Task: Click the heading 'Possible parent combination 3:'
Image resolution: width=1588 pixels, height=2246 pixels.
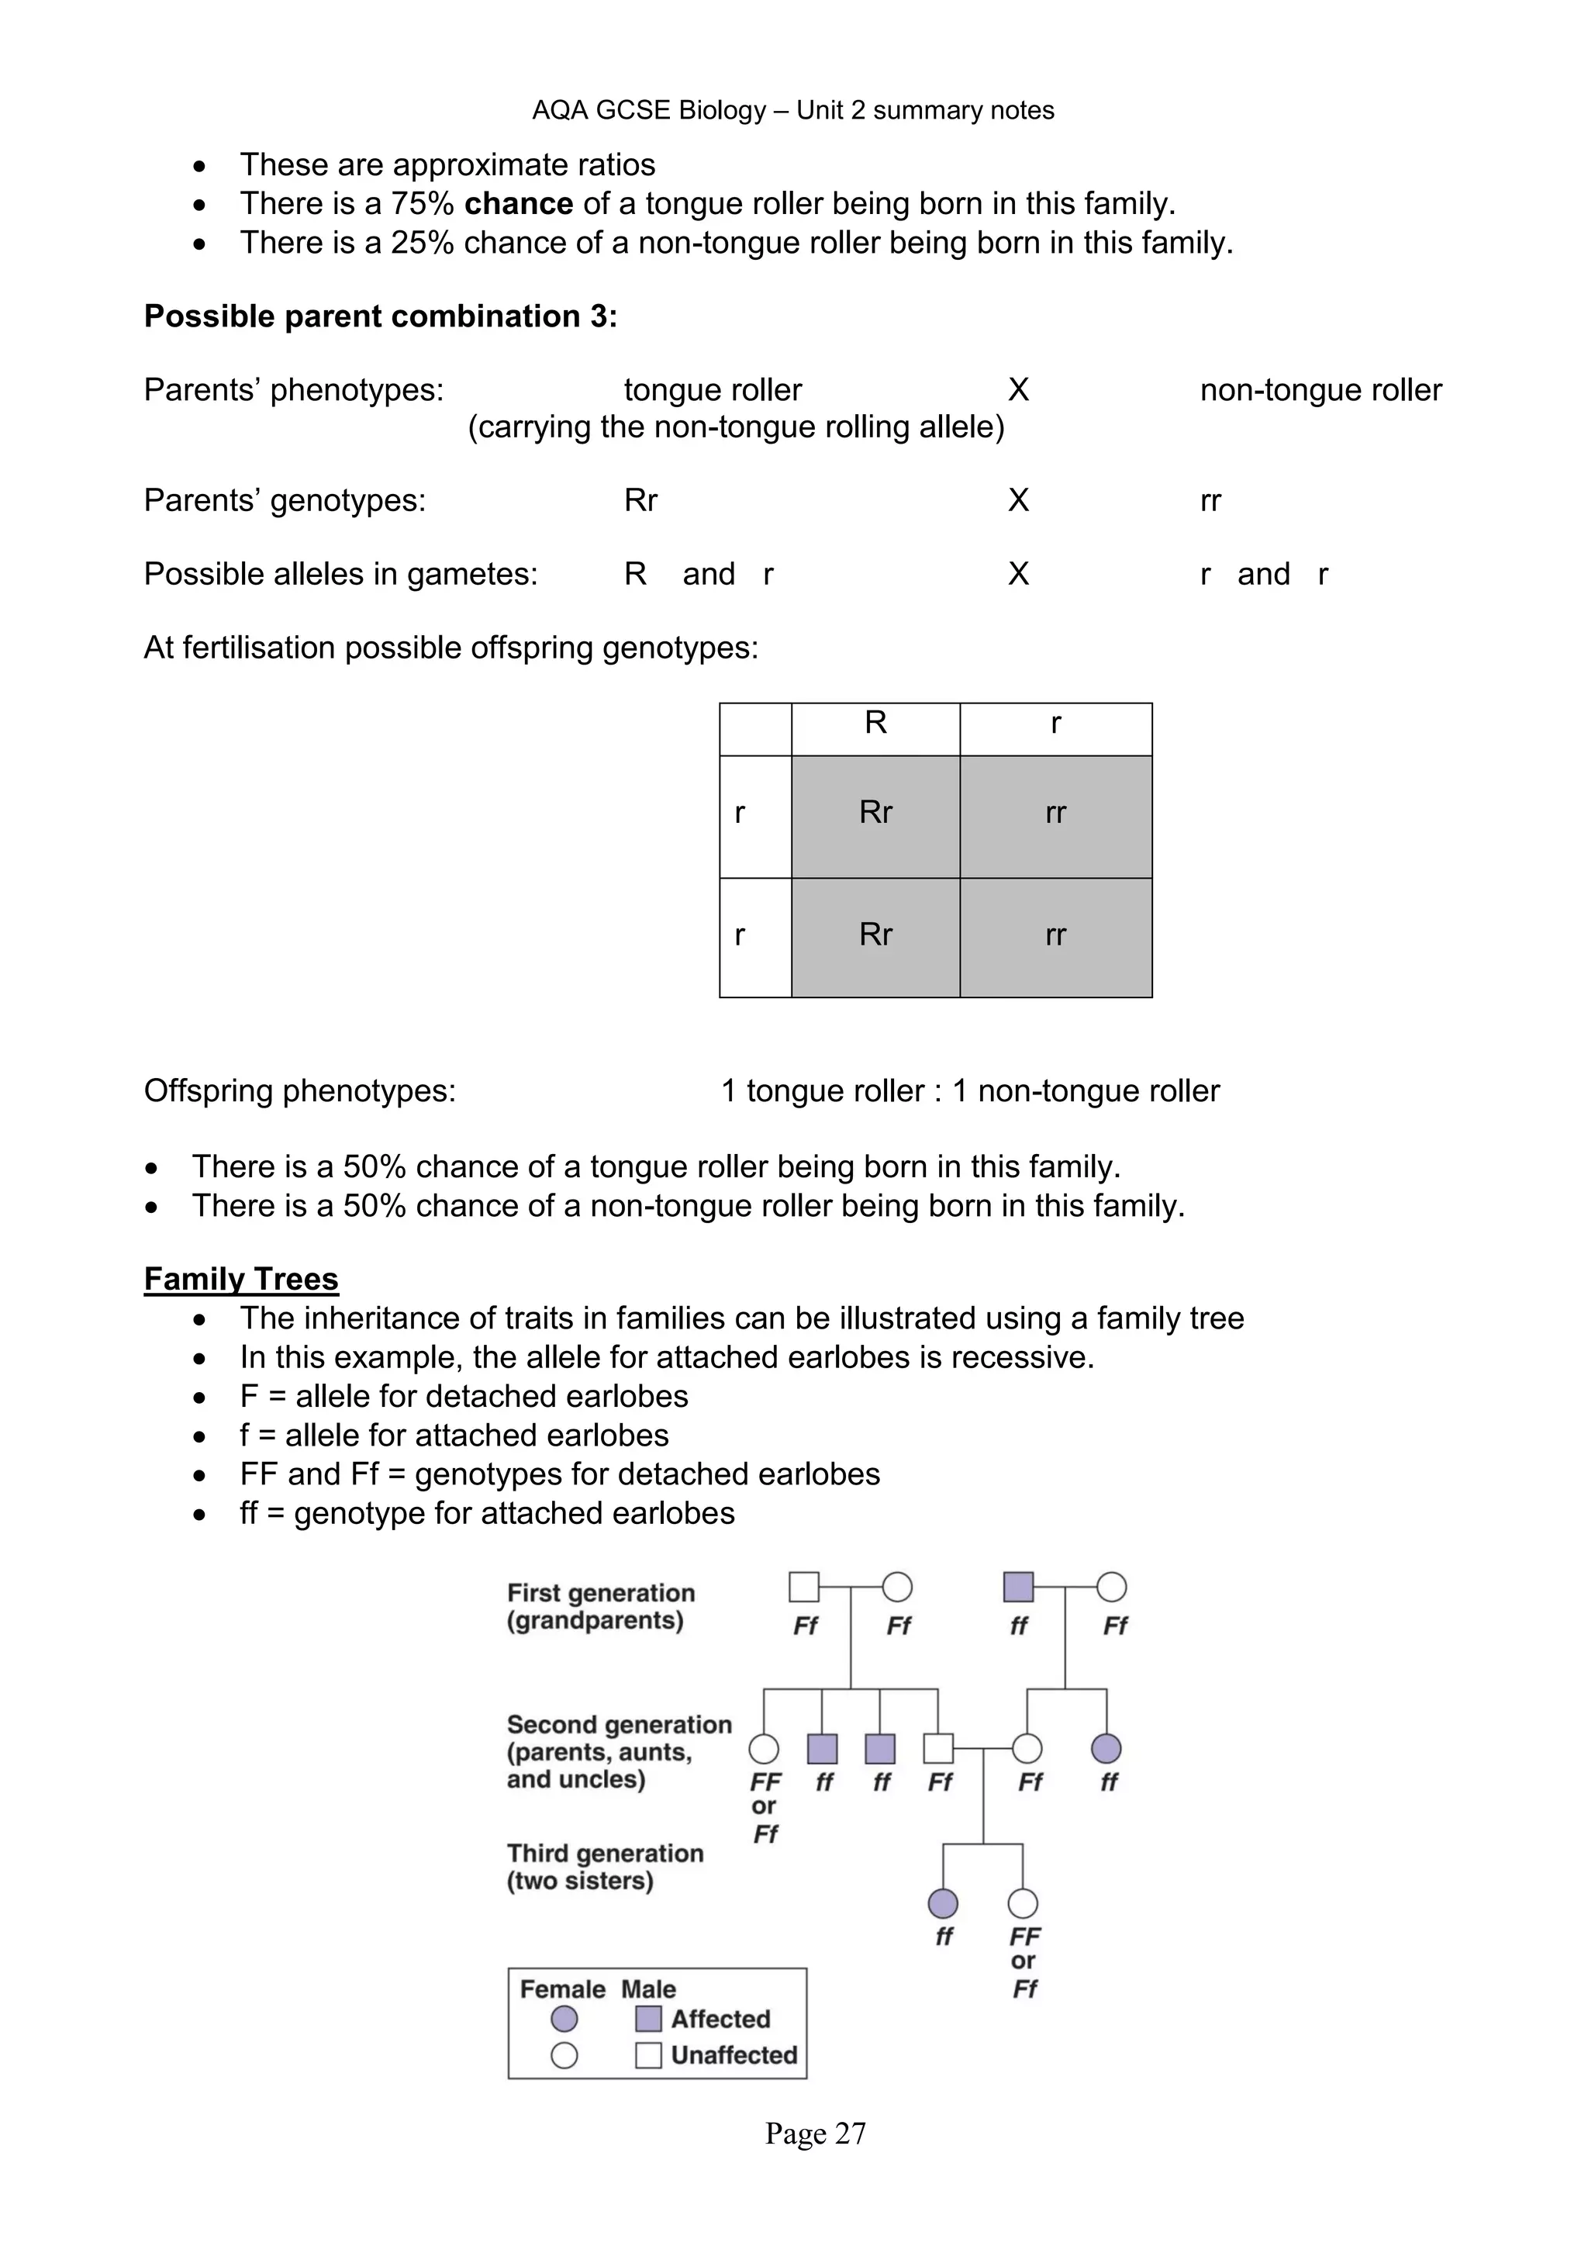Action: (x=381, y=316)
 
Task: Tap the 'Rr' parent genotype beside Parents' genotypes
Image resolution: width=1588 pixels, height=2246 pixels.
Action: (x=640, y=501)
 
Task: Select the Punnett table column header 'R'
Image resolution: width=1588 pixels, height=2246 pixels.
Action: (x=875, y=723)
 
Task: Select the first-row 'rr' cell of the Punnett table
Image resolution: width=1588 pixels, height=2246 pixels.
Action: (x=1055, y=813)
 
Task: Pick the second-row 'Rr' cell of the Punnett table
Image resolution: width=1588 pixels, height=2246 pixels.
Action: (x=875, y=935)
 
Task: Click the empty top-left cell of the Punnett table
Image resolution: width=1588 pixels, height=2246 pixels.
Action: (x=755, y=729)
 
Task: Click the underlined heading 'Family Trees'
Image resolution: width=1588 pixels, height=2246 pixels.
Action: (x=240, y=1279)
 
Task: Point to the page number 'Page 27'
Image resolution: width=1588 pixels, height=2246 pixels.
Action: (x=814, y=2134)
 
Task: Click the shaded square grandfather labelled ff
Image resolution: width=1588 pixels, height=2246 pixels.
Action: (x=1018, y=1587)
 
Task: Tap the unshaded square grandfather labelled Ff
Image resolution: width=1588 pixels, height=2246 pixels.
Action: (x=804, y=1587)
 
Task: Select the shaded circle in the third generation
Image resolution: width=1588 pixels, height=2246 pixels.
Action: (x=943, y=1904)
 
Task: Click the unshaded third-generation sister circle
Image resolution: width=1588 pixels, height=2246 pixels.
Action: (x=1023, y=1904)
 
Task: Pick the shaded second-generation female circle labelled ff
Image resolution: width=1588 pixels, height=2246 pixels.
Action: (x=1106, y=1748)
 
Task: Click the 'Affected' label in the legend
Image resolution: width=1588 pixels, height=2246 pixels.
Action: (x=720, y=2019)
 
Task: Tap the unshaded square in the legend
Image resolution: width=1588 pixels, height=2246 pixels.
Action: (x=648, y=2055)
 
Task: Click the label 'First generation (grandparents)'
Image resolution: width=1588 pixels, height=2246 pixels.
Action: (x=599, y=1606)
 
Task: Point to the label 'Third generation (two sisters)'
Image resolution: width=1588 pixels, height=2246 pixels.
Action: (x=604, y=1867)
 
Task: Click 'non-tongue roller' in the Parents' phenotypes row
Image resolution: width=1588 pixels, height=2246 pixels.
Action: (x=1320, y=390)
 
